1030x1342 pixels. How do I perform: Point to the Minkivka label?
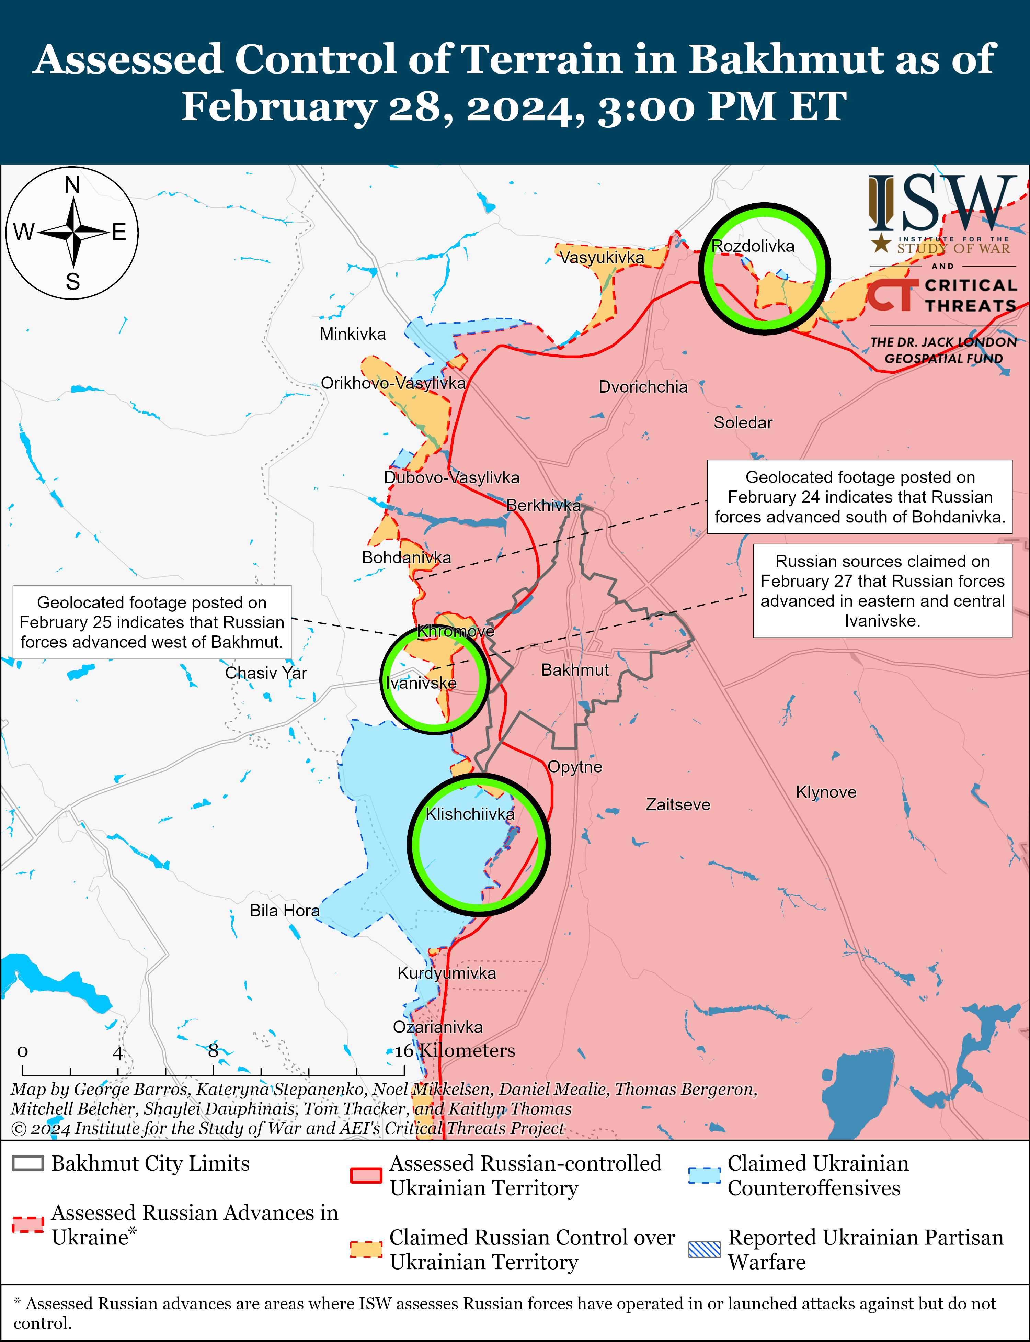coord(353,334)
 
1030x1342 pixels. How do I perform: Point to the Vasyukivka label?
coord(602,258)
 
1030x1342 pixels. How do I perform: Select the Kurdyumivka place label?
coord(446,973)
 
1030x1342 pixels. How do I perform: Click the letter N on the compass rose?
coord(72,184)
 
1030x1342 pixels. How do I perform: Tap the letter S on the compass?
coord(72,282)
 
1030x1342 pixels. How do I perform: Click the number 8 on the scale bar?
coord(213,1051)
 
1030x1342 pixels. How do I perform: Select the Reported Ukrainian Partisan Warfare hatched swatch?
coord(704,1249)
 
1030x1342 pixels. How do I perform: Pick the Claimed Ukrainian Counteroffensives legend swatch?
coord(704,1175)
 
